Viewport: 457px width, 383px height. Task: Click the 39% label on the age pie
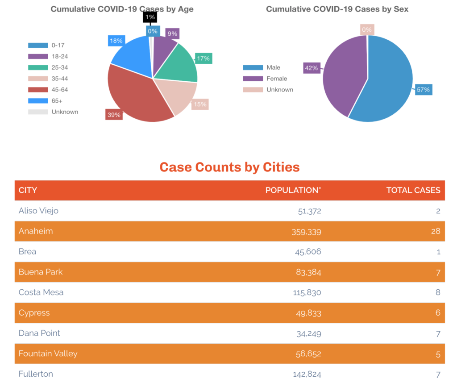point(113,115)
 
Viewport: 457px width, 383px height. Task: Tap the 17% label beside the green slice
point(203,58)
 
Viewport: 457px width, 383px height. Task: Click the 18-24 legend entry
point(60,56)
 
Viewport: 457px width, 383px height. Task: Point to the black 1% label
point(149,17)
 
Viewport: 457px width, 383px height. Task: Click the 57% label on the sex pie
point(423,90)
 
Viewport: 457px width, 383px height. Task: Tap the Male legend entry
point(273,67)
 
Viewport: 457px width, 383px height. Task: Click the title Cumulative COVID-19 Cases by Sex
point(337,9)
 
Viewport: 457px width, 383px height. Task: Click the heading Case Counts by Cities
point(229,167)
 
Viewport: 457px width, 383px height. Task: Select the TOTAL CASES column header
point(413,190)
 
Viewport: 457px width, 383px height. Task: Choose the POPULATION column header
point(293,190)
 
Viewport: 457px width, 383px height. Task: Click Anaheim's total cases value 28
point(436,231)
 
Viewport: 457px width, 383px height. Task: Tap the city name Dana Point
point(39,333)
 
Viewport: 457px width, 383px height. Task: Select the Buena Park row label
point(41,272)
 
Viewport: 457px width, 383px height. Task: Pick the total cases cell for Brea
point(438,252)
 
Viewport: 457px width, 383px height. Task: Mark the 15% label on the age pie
point(199,104)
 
